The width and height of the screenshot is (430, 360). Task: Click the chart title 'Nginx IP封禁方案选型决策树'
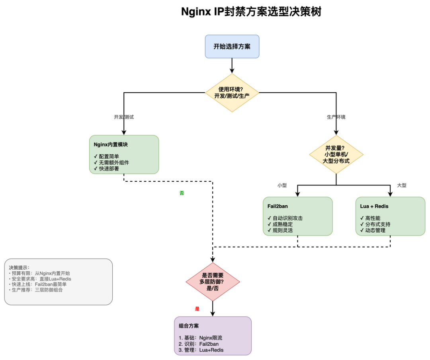(x=251, y=12)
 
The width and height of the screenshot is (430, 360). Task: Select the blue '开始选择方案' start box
(x=232, y=47)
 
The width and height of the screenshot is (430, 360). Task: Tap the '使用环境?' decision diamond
(x=232, y=93)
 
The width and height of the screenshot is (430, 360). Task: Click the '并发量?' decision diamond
(x=336, y=154)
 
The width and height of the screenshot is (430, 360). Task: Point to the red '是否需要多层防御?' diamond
(x=213, y=282)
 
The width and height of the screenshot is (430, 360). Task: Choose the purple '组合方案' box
(x=213, y=336)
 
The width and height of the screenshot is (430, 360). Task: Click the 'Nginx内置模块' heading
(x=111, y=145)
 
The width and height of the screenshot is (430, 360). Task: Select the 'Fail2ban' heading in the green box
(x=278, y=206)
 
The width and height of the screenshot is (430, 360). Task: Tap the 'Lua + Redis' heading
(x=374, y=206)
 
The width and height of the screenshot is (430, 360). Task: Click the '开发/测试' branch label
(x=124, y=117)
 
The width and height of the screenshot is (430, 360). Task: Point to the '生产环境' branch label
(x=336, y=117)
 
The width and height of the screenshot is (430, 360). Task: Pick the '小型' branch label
(x=282, y=185)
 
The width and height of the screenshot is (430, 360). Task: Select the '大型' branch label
(x=402, y=185)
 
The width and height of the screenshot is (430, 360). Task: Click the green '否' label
(x=182, y=193)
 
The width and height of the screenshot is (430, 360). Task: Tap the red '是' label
(x=197, y=309)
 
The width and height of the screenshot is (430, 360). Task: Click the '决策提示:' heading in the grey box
(x=19, y=268)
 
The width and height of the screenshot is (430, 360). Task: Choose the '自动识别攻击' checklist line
(x=285, y=218)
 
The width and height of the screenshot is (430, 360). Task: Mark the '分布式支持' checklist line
(x=375, y=224)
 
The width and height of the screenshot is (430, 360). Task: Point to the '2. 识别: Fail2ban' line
(x=199, y=344)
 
